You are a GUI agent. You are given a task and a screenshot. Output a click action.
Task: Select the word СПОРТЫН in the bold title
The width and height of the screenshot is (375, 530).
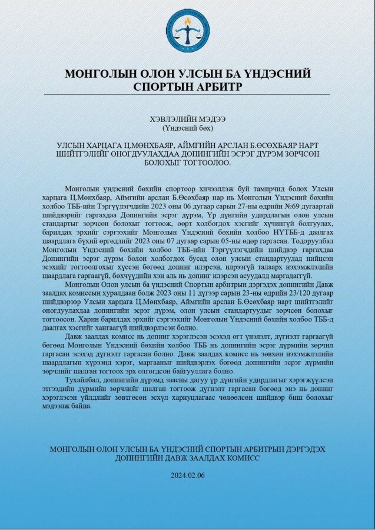tap(161, 86)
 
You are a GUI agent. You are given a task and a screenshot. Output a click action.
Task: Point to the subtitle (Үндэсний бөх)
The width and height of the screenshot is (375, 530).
tap(187, 127)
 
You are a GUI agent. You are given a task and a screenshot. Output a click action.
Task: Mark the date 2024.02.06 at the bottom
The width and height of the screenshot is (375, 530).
tap(187, 475)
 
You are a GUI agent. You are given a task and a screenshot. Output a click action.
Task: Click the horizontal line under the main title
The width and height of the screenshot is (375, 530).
tap(187, 94)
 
